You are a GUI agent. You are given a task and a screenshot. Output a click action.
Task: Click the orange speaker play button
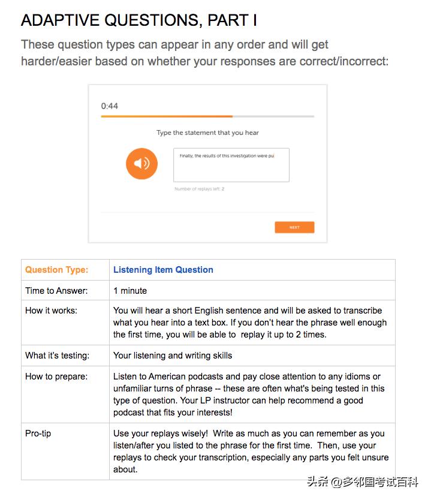coord(141,164)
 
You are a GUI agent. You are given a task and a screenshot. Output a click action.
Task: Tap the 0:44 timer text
coord(110,106)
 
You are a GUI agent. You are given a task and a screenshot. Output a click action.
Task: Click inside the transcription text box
coord(231,165)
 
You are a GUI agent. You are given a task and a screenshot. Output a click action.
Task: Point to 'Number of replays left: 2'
coord(199,189)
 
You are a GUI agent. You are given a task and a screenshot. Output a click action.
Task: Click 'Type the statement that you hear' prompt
coord(207,132)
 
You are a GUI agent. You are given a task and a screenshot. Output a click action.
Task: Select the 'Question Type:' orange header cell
coord(56,270)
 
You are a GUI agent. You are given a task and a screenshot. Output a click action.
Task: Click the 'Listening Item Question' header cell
coord(163,270)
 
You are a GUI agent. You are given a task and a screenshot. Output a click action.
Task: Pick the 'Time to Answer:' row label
coord(56,291)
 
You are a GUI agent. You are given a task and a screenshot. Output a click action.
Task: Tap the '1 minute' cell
coord(130,291)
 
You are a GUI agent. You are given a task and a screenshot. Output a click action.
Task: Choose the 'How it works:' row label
coord(51,311)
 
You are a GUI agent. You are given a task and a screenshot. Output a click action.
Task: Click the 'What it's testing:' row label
coord(57,356)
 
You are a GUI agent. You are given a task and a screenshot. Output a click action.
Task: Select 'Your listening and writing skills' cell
coord(173,356)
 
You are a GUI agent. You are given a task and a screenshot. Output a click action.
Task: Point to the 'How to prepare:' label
coord(56,376)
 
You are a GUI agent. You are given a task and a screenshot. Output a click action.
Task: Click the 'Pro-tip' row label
coord(38,433)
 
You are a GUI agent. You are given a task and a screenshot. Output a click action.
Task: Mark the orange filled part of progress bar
coord(167,116)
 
